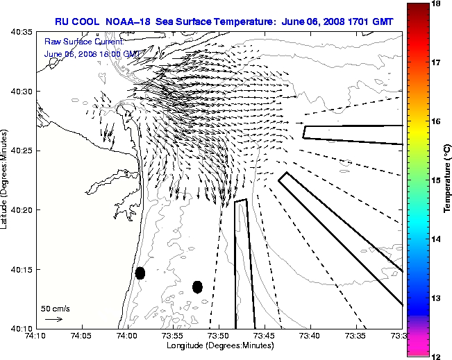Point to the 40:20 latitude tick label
point(23,209)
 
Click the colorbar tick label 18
point(437,3)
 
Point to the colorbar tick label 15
point(437,180)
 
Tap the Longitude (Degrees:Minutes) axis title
point(219,345)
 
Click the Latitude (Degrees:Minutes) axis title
point(6,180)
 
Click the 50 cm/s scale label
point(55,308)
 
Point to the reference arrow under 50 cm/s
point(54,319)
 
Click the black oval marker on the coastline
point(140,273)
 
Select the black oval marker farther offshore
point(197,286)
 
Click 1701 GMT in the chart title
point(369,22)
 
